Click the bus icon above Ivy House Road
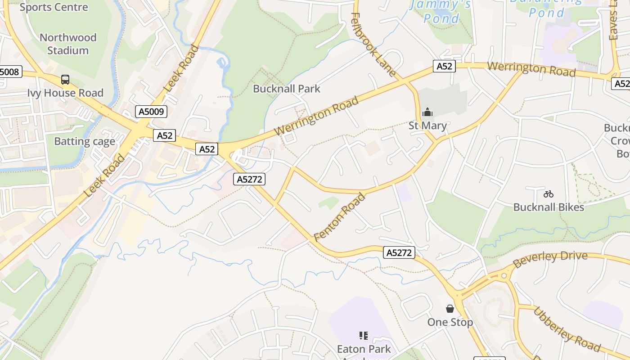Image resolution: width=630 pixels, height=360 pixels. pyautogui.click(x=65, y=80)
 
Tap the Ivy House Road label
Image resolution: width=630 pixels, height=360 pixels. pyautogui.click(x=65, y=93)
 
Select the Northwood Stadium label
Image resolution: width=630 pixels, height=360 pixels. pyautogui.click(x=68, y=44)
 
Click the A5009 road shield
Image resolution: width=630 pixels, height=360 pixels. pyautogui.click(x=151, y=111)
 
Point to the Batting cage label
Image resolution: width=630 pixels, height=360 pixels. pyautogui.click(x=85, y=141)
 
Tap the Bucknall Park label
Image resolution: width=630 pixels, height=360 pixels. pyautogui.click(x=287, y=89)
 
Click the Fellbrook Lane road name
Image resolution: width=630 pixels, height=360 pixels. pyautogui.click(x=373, y=44)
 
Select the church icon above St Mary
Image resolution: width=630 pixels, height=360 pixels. pyautogui.click(x=427, y=112)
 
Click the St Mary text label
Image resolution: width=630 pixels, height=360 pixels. pyautogui.click(x=427, y=126)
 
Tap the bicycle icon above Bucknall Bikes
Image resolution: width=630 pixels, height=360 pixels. pyautogui.click(x=548, y=194)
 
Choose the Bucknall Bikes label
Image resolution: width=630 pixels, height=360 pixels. pyautogui.click(x=549, y=207)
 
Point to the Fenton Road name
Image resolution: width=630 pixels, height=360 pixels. pyautogui.click(x=340, y=217)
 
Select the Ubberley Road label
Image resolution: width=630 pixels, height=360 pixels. pyautogui.click(x=567, y=329)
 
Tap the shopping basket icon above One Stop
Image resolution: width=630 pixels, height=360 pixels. pyautogui.click(x=450, y=308)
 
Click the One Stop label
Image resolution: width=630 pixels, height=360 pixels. pyautogui.click(x=450, y=322)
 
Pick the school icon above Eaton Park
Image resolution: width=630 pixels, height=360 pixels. pyautogui.click(x=364, y=335)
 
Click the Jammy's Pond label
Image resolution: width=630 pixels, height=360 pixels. pyautogui.click(x=441, y=11)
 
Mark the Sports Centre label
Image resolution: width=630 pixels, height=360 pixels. pyautogui.click(x=54, y=7)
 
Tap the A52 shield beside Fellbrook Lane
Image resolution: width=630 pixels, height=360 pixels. pyautogui.click(x=444, y=67)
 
